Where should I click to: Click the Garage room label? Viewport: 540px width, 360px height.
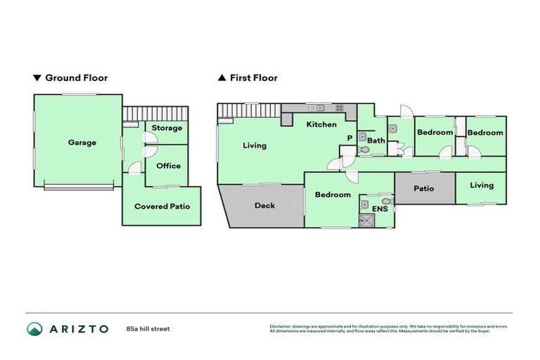(82, 143)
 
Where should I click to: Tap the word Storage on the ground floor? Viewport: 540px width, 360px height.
(167, 128)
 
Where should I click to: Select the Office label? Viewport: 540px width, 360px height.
(168, 166)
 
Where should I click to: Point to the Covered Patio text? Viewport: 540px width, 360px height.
(162, 207)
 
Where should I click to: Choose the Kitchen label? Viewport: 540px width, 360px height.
(321, 124)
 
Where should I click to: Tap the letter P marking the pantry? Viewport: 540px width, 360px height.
(348, 139)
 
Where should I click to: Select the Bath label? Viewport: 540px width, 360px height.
(376, 141)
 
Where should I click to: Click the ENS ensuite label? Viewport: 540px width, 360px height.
(380, 209)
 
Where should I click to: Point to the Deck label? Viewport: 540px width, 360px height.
(264, 206)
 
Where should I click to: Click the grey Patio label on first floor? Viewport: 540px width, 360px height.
(424, 188)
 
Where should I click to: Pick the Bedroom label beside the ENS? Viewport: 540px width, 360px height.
(333, 195)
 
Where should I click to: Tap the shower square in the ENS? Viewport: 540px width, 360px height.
(366, 220)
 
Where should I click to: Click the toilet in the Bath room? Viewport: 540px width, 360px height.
(364, 150)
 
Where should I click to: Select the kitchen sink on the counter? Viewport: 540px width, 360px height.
(317, 108)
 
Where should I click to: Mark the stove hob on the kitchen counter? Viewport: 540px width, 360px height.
(340, 108)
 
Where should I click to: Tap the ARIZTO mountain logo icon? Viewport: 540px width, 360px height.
(34, 328)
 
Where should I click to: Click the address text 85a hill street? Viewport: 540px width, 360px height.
(148, 328)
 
